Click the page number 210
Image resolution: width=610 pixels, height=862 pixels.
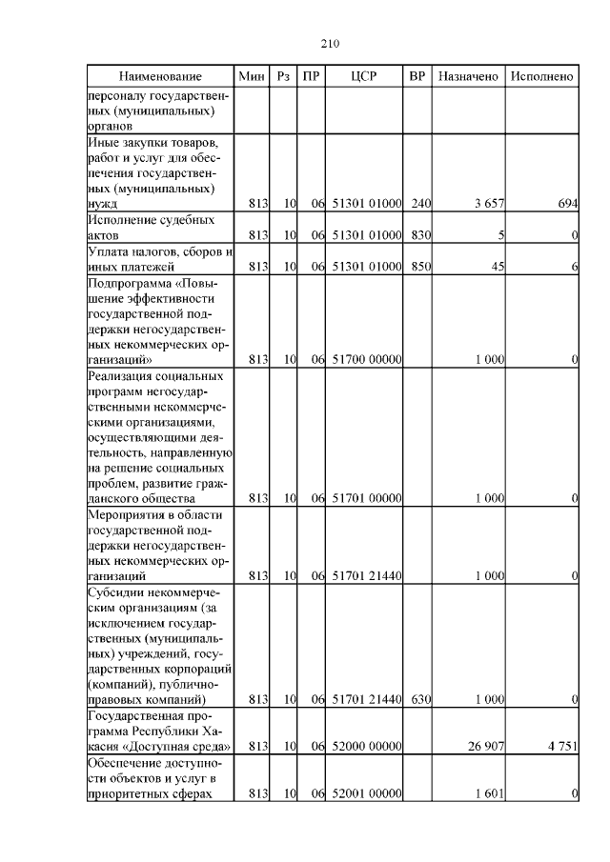(x=331, y=44)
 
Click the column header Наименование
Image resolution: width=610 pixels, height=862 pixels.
(x=160, y=76)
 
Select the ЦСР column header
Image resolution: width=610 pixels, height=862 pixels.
(x=365, y=76)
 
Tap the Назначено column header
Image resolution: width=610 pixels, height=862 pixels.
(x=469, y=76)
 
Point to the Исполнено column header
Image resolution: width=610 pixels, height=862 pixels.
(x=541, y=76)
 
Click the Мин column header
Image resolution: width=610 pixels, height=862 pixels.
(x=251, y=76)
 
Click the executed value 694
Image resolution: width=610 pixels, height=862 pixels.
(x=568, y=205)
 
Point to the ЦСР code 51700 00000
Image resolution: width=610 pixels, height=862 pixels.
(x=366, y=360)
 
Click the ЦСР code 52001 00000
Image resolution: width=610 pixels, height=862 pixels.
(x=366, y=793)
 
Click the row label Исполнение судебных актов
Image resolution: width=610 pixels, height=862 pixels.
(x=148, y=227)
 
